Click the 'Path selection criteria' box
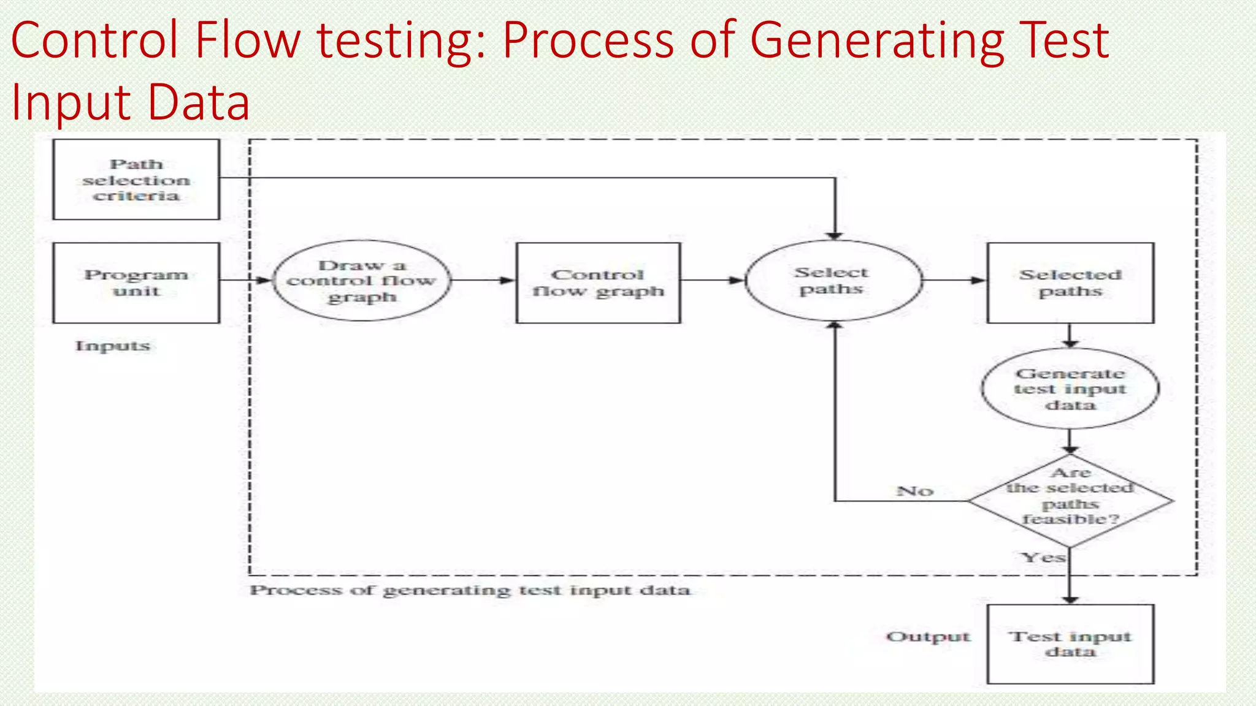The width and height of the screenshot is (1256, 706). click(136, 180)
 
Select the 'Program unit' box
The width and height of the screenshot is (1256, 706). click(136, 283)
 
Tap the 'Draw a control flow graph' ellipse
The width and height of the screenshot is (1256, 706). click(361, 281)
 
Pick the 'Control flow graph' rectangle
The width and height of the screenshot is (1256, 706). click(598, 283)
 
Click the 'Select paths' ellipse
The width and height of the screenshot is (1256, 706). click(833, 281)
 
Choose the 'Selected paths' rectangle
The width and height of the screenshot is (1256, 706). click(1070, 283)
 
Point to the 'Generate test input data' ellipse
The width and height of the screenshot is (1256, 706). click(1070, 389)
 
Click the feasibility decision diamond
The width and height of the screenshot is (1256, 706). click(1070, 500)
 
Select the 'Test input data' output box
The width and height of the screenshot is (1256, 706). click(1070, 643)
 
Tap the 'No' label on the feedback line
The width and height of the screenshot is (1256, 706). click(914, 491)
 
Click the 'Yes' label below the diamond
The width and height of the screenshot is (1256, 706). click(1043, 557)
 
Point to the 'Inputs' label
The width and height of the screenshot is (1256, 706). click(112, 346)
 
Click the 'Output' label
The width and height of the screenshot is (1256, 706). click(928, 637)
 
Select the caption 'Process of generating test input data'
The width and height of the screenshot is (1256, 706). click(470, 590)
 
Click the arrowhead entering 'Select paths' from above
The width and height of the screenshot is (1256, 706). click(835, 235)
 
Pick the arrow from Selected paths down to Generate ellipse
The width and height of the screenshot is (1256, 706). click(1070, 336)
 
